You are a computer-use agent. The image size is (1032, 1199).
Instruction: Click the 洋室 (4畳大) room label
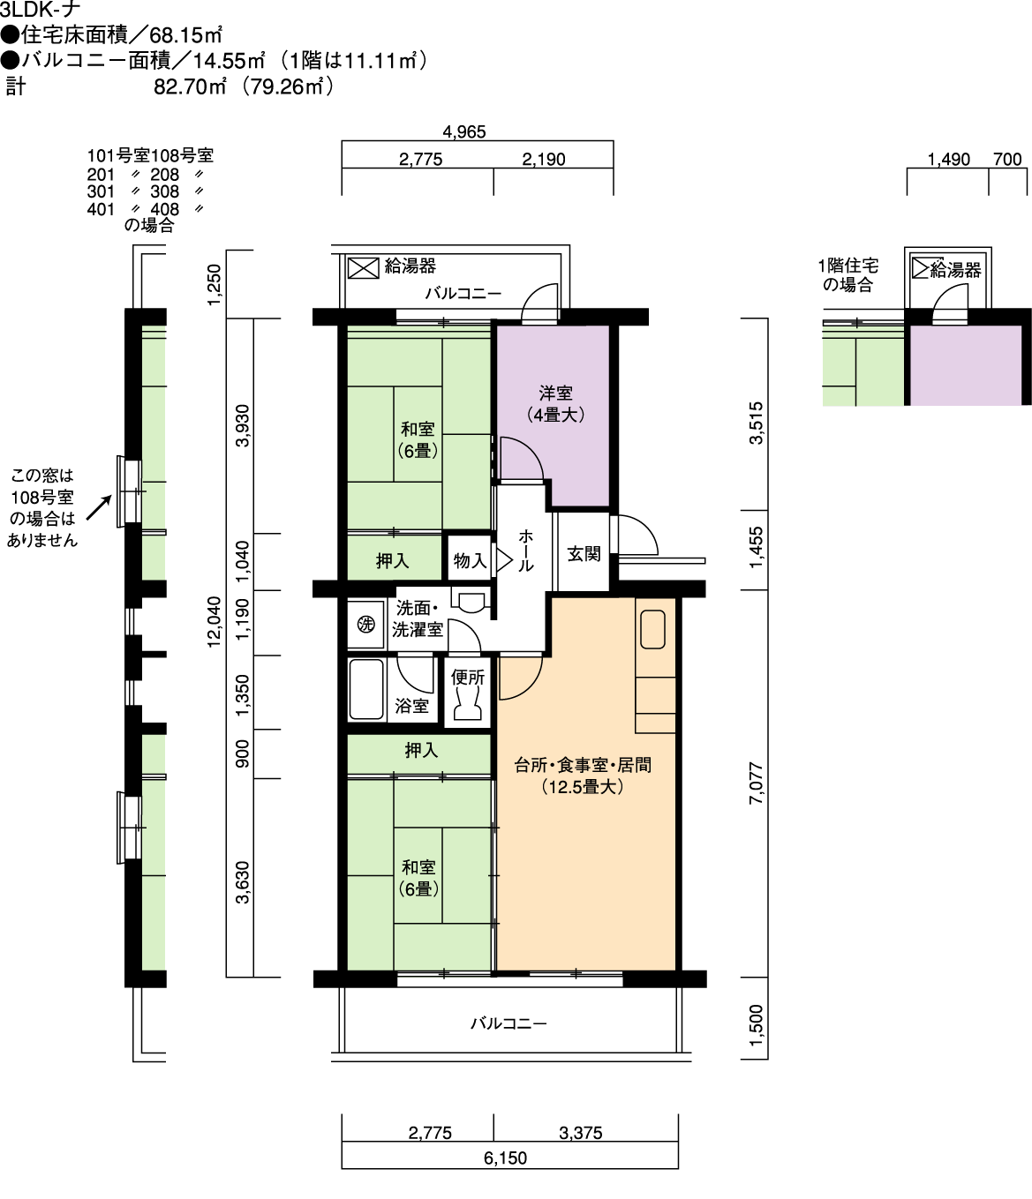tap(555, 404)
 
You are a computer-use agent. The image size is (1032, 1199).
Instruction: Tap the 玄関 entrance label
tap(584, 554)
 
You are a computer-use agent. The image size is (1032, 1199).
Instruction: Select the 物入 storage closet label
tap(470, 560)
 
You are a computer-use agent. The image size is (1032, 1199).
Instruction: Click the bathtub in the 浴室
tap(366, 690)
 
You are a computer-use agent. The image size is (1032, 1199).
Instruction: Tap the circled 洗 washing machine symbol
tap(365, 625)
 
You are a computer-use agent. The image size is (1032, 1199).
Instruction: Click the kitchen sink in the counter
tap(652, 629)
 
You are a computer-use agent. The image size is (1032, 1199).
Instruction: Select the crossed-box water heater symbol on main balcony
tap(363, 268)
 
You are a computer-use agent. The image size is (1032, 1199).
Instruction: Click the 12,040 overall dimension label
tap(215, 622)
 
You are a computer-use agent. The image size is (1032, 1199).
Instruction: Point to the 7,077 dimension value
tap(756, 783)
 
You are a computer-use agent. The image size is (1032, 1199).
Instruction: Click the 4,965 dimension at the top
tap(463, 132)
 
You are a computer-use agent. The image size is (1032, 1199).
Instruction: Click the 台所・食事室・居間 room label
tap(582, 766)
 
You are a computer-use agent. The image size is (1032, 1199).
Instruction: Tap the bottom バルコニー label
tap(508, 1023)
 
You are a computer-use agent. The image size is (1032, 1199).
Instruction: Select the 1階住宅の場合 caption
tap(848, 275)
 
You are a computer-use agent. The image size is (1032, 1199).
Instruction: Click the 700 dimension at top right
tap(1007, 159)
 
